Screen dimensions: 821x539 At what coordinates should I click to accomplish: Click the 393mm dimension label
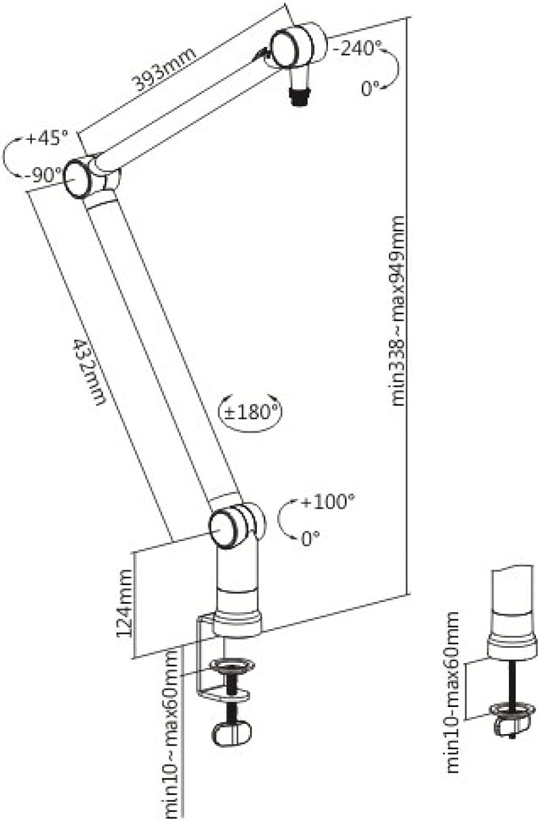[x=165, y=68]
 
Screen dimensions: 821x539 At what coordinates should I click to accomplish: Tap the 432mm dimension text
[x=89, y=371]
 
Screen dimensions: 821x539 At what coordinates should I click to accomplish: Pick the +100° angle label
[x=328, y=501]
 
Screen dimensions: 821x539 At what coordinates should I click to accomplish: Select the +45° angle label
[x=47, y=138]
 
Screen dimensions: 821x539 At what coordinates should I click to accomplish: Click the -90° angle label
[x=44, y=176]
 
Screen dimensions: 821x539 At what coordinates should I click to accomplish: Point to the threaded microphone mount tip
[x=298, y=97]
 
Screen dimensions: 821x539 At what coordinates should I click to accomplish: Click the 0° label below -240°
[x=370, y=89]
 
